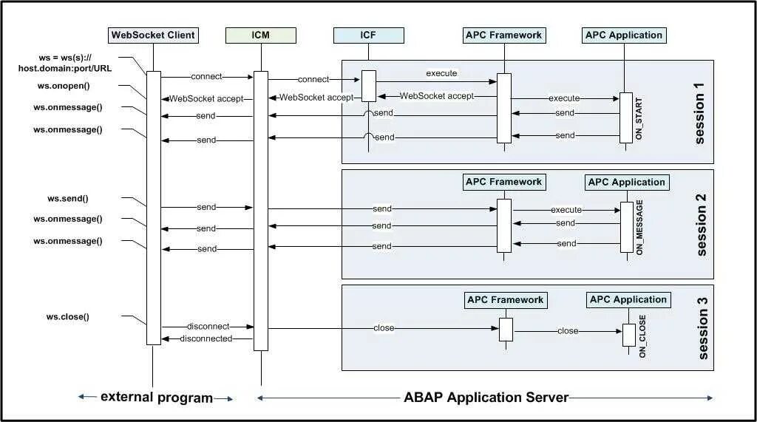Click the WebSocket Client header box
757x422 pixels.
153,35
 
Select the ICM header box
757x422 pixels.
261,35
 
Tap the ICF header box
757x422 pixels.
368,35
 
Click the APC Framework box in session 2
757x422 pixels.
504,182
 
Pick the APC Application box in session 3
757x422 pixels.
628,300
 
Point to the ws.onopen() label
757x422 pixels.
64,86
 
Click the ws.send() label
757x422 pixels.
67,199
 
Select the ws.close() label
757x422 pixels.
67,317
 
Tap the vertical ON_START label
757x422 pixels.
639,118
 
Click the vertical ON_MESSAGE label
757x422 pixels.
639,228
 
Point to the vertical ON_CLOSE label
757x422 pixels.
642,336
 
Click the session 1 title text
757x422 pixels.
699,114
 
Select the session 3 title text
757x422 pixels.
703,328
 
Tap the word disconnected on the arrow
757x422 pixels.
206,339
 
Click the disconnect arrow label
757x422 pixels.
208,327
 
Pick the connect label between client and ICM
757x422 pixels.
207,76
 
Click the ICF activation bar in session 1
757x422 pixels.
369,86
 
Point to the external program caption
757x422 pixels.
157,398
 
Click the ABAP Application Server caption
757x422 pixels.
486,398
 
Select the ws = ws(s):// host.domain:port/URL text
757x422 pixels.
65,64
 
